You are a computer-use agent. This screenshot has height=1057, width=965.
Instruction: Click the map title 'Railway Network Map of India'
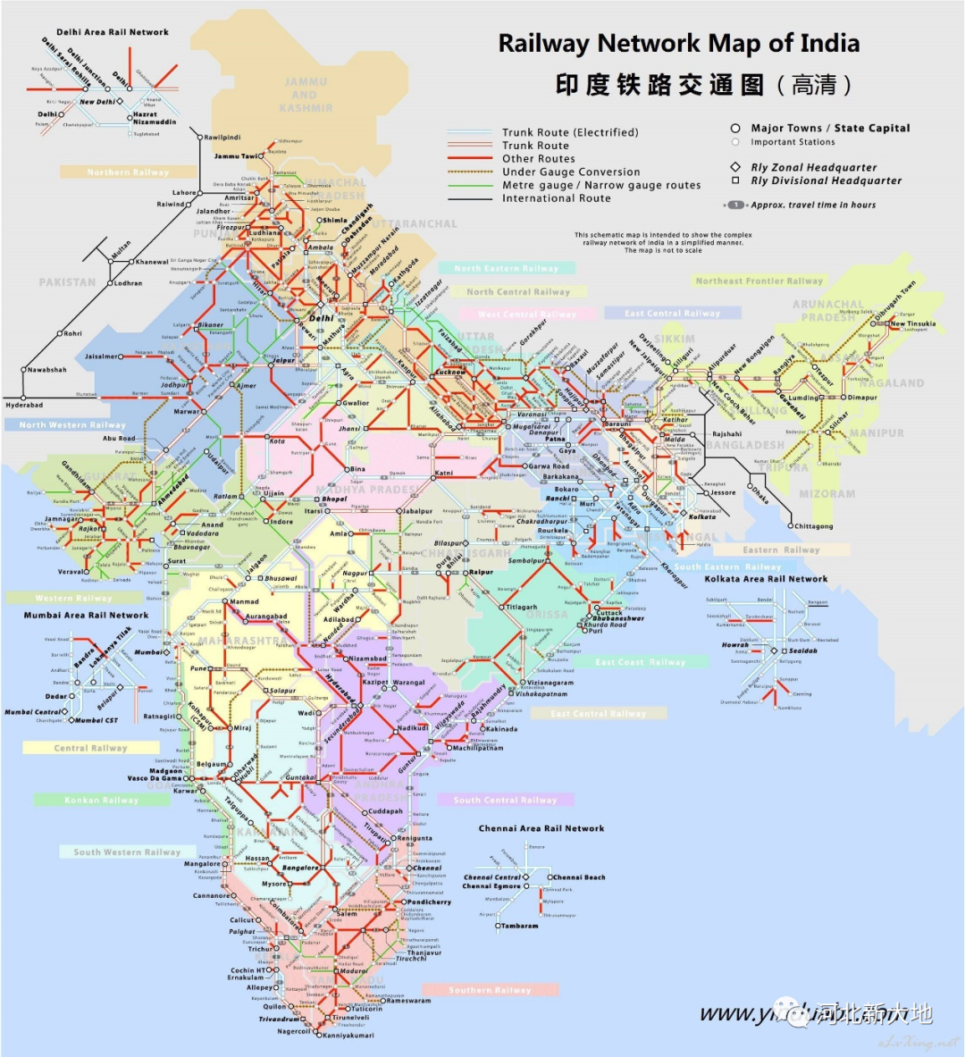pos(679,43)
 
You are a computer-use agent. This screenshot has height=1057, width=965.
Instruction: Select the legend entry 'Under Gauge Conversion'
pos(570,172)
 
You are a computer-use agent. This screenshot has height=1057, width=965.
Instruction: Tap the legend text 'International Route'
pos(556,198)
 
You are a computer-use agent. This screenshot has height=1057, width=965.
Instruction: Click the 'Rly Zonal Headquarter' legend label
pos(813,167)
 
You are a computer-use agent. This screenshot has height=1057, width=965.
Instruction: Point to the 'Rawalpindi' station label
pos(222,138)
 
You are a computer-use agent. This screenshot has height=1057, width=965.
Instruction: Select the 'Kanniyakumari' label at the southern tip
pos(348,1036)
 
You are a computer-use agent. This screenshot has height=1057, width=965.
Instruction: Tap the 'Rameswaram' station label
pos(408,1001)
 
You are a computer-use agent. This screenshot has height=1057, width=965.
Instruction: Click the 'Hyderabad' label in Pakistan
pos(24,405)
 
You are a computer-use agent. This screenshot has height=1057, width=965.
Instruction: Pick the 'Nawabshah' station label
pos(46,370)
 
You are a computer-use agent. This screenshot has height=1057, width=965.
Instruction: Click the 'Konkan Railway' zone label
pos(102,800)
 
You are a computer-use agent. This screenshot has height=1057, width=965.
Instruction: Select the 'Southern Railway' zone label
pos(490,990)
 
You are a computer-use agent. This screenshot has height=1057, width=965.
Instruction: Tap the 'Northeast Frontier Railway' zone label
pos(759,281)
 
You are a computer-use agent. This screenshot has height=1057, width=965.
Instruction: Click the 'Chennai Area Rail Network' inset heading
pos(541,828)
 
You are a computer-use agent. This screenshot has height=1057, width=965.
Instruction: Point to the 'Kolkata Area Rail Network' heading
pos(766,579)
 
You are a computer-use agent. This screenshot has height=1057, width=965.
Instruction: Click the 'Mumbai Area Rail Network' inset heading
pos(86,615)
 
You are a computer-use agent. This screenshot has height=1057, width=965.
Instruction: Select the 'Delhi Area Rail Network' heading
pos(113,32)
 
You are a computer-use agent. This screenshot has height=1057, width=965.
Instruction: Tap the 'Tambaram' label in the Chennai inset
pos(520,926)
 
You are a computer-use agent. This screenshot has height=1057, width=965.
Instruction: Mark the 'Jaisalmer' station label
pos(101,357)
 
